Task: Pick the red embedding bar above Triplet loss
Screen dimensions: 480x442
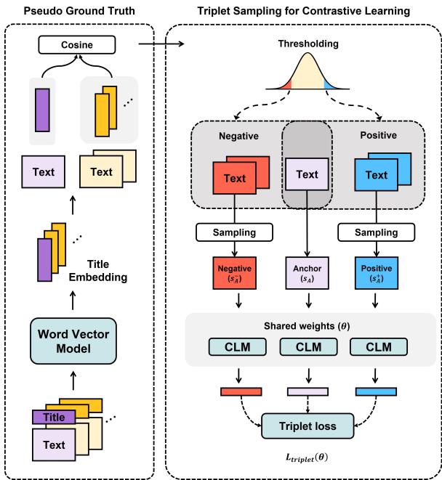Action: [240, 392]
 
